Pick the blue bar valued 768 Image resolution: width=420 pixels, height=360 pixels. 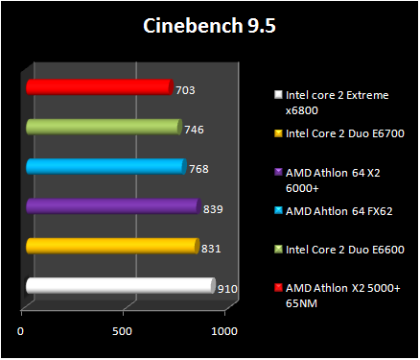point(105,167)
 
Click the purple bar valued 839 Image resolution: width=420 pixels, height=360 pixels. point(112,206)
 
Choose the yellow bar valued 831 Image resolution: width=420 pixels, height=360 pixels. point(111,247)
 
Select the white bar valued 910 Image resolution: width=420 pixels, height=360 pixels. point(119,286)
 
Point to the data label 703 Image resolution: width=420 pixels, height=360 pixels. point(186,90)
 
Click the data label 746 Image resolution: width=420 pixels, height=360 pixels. point(194,130)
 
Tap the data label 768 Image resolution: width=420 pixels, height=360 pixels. point(198,169)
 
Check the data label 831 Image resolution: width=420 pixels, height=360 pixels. point(212,249)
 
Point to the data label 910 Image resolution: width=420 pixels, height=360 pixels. point(228,289)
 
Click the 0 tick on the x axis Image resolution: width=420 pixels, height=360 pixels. point(21,331)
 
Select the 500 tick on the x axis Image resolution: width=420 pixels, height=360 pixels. point(122,331)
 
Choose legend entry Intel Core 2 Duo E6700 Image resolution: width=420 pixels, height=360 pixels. point(344,133)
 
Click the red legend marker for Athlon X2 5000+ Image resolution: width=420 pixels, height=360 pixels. point(278,288)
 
